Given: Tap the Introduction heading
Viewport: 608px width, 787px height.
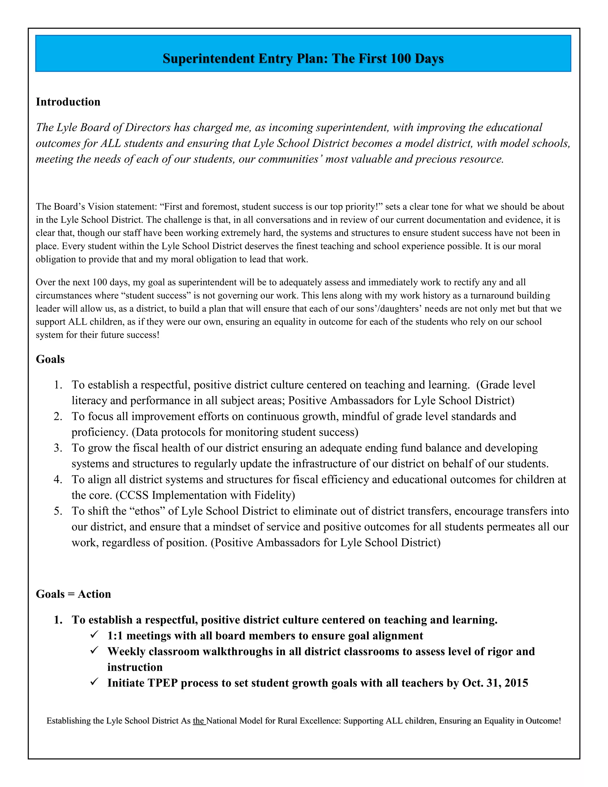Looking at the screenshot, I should tap(68, 102).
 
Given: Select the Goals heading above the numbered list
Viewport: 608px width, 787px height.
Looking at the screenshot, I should tap(50, 359).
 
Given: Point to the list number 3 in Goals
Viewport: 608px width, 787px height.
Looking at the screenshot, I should tap(58, 448).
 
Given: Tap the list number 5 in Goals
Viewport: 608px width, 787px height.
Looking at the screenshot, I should tap(58, 511).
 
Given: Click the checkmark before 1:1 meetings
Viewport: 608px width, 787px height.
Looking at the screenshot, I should tap(95, 635).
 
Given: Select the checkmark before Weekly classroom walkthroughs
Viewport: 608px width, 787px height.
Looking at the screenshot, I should tap(95, 651).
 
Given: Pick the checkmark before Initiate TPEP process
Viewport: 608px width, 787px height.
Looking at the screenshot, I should tap(95, 682).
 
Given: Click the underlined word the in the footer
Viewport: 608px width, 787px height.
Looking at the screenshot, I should tap(199, 721).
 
